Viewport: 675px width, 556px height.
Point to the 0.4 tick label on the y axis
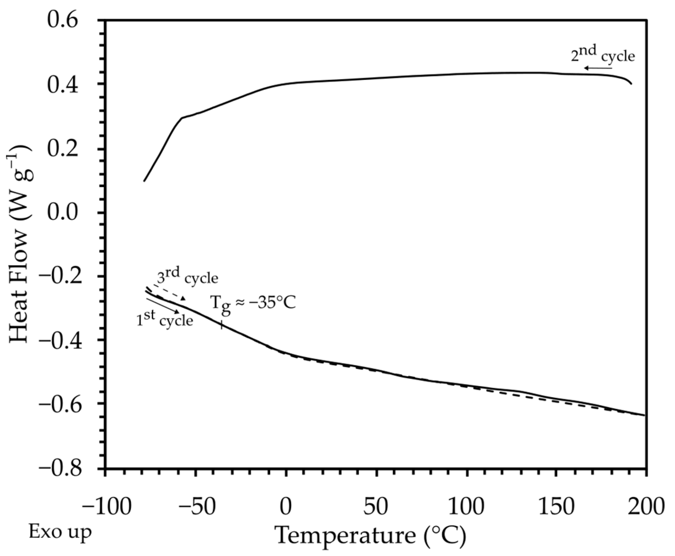pos(67,85)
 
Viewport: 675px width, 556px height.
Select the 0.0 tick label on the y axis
pos(67,213)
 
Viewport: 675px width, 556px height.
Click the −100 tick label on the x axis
pos(106,506)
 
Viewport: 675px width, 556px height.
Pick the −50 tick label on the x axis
pos(196,506)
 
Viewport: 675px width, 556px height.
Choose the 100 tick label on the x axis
pos(466,506)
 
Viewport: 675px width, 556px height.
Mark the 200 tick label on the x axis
pos(646,506)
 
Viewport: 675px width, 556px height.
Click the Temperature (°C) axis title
pos(371,536)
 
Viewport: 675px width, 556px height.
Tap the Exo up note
pos(60,533)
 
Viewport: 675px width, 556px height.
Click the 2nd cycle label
pos(602,54)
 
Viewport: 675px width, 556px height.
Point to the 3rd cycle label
pos(187,277)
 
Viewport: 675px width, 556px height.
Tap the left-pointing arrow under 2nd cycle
pos(598,68)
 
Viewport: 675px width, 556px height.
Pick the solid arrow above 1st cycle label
pos(163,306)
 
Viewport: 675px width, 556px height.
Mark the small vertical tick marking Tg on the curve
pos(221,325)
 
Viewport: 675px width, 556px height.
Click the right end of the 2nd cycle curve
pos(631,84)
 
